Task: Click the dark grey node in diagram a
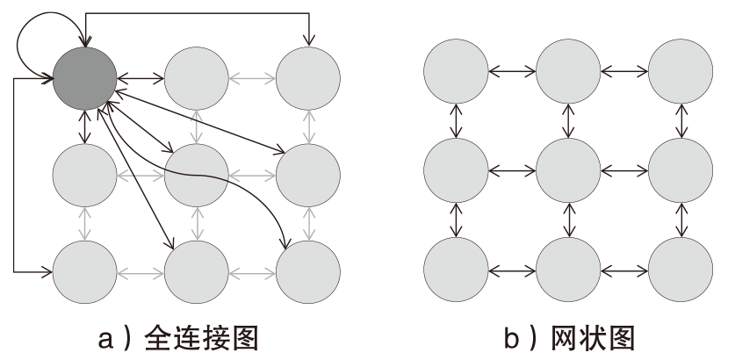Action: [85, 77]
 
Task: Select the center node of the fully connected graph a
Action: [197, 176]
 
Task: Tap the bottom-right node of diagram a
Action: [308, 272]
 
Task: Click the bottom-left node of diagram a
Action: [85, 272]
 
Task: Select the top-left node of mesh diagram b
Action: [456, 70]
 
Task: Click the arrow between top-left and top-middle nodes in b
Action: [512, 69]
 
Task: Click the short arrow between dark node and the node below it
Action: [85, 126]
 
